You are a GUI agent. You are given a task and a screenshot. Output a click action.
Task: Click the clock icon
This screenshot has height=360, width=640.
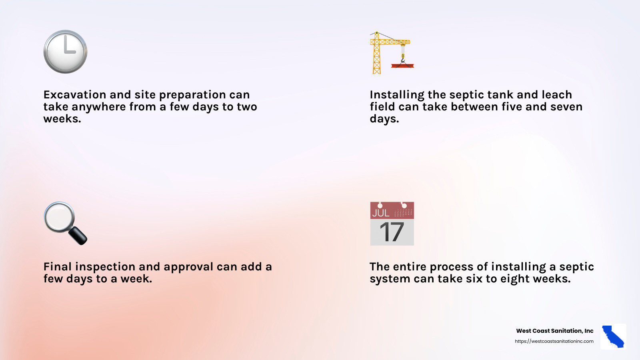pyautogui.click(x=65, y=52)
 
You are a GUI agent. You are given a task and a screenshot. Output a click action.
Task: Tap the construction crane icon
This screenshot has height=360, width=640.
pyautogui.click(x=390, y=52)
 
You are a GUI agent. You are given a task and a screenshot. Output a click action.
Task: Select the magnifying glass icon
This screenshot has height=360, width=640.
pyautogui.click(x=65, y=223)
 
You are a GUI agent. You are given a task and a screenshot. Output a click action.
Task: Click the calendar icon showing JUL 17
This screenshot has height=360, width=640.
pyautogui.click(x=392, y=224)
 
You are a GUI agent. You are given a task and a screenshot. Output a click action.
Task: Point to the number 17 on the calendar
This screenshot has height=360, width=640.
pyautogui.click(x=392, y=232)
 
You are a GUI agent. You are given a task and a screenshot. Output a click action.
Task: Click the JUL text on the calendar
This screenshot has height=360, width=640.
pyautogui.click(x=380, y=213)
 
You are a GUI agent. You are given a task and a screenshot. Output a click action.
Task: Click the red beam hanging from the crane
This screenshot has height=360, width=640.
pyautogui.click(x=402, y=66)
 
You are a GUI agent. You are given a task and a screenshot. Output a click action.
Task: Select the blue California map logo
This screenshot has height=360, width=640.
pyautogui.click(x=613, y=336)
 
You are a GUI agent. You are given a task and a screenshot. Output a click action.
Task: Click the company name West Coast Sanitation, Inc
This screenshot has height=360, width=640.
pyautogui.click(x=554, y=331)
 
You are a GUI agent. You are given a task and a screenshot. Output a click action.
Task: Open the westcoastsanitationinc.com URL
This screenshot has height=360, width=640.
pyautogui.click(x=554, y=341)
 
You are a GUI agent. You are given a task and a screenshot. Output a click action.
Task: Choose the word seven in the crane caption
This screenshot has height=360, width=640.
pyautogui.click(x=566, y=107)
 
